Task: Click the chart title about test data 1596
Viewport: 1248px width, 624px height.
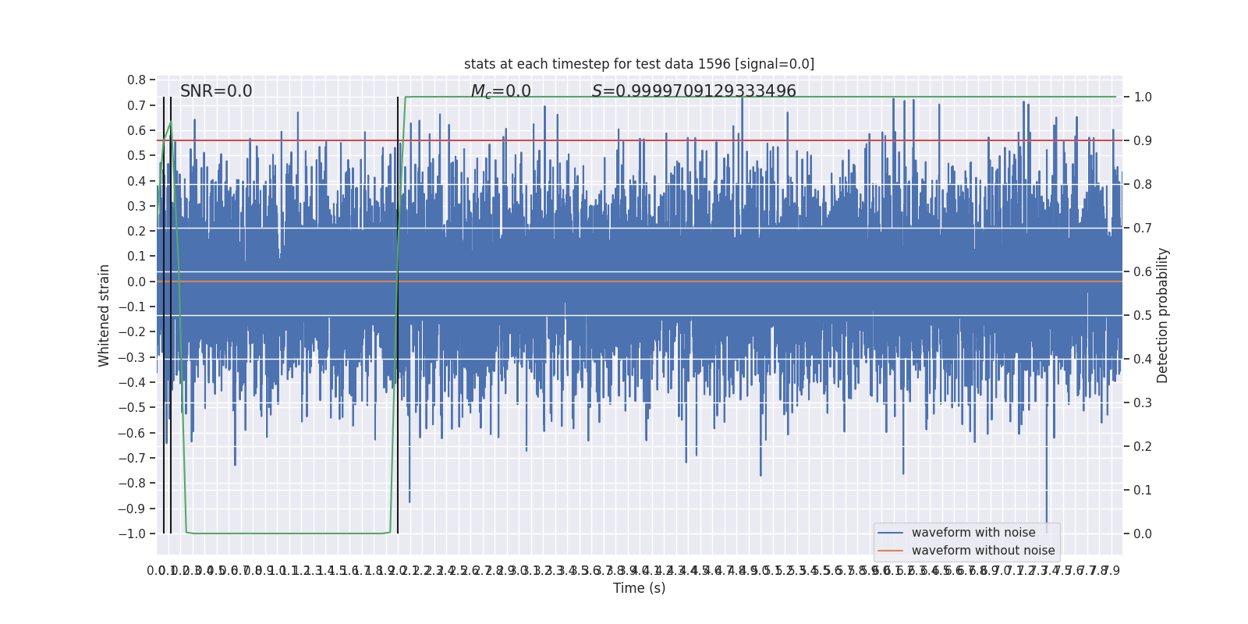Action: [639, 64]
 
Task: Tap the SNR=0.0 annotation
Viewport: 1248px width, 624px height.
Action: [216, 91]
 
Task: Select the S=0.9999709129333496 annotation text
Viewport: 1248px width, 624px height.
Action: [693, 91]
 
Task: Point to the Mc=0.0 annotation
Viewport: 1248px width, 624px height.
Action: [501, 91]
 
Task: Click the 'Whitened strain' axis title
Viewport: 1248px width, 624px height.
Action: [105, 315]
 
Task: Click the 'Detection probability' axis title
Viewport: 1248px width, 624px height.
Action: [1163, 315]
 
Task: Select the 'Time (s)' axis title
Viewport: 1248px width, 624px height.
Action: [639, 588]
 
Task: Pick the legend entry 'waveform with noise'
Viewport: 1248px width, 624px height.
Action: [973, 533]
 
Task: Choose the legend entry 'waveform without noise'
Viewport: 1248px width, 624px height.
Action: [983, 551]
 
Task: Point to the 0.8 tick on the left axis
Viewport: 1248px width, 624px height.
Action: [136, 80]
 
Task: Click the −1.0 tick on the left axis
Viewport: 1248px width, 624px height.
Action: [132, 534]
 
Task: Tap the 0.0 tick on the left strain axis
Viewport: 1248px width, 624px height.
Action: [136, 282]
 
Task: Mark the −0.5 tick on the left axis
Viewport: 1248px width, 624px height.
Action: [132, 408]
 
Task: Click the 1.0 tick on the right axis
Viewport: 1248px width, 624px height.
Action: [1143, 97]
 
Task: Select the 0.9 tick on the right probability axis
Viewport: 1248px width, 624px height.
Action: [1143, 141]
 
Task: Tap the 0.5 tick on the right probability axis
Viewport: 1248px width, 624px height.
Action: [1143, 316]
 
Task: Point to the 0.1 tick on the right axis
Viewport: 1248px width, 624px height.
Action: [1143, 491]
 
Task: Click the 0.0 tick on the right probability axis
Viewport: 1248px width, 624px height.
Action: [1143, 534]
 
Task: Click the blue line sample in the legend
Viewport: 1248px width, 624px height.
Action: [890, 533]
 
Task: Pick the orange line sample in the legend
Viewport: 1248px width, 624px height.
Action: [890, 551]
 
